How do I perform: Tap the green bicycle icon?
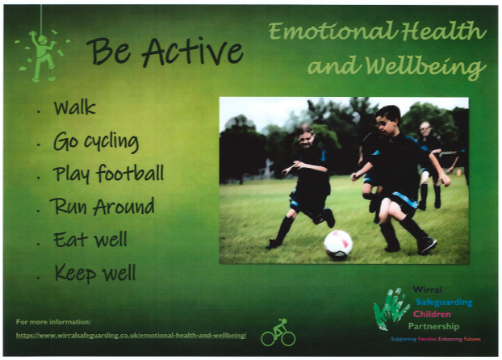[x=278, y=333]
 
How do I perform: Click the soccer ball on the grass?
[x=338, y=245]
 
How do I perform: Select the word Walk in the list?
[x=74, y=107]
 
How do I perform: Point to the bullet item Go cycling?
[x=96, y=142]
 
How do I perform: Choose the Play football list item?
[x=108, y=174]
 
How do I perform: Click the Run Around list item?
[x=102, y=206]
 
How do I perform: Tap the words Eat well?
[x=90, y=239]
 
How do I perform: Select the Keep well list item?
[x=95, y=273]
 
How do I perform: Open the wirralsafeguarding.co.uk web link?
[x=132, y=336]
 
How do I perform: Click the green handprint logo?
[x=391, y=308]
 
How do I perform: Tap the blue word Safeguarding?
[x=444, y=302]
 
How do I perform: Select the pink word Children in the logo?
[x=432, y=314]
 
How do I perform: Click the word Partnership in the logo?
[x=433, y=326]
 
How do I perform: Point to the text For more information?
[x=53, y=322]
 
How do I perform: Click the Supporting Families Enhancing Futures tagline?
[x=436, y=339]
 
